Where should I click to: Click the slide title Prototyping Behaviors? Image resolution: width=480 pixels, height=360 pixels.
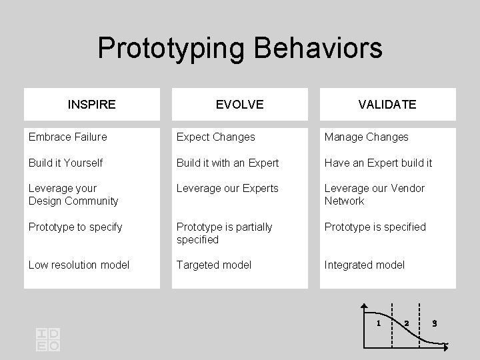240,48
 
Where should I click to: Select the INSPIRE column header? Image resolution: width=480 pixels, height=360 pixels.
92,105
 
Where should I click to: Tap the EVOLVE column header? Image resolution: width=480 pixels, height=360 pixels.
240,105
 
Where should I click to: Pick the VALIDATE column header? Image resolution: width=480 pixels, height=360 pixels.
387,105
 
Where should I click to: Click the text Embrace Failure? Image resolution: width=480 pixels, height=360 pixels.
67,137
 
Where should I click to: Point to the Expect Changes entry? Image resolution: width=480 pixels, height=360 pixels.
215,137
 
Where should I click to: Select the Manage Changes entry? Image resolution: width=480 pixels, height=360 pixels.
366,137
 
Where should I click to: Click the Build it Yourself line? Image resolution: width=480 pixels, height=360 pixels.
65,163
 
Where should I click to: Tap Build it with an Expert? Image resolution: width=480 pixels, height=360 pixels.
227,163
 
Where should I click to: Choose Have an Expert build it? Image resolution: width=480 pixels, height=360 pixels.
378,163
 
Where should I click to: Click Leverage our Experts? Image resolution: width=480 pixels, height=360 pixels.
227,189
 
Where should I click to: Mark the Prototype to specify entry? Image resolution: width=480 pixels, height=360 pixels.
75,227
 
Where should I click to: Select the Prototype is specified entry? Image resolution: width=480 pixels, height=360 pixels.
375,227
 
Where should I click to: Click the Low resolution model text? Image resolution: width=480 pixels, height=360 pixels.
79,265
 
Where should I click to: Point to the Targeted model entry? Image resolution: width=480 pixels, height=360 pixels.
214,265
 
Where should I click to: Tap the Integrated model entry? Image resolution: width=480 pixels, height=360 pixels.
364,265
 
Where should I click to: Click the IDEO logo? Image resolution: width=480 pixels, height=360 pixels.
48,339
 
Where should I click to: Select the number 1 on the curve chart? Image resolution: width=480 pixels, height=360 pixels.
378,323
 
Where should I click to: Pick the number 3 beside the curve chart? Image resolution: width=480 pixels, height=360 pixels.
434,323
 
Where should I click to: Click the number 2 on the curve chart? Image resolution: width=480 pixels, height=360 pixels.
405,323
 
